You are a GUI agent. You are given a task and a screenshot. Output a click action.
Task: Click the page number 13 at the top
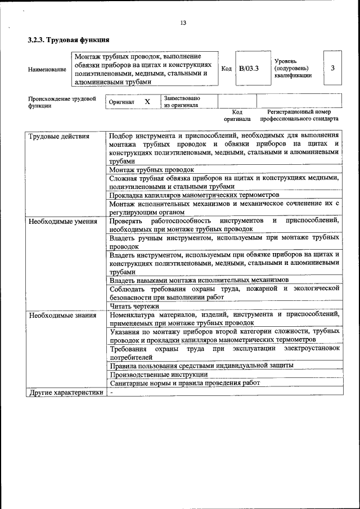click(183, 23)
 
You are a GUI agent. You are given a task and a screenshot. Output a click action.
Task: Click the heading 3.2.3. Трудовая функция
click(68, 40)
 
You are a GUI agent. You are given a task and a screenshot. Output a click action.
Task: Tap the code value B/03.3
click(248, 69)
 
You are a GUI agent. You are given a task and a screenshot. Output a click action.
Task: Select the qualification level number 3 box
click(332, 68)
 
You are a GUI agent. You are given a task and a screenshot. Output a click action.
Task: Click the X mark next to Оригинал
click(147, 102)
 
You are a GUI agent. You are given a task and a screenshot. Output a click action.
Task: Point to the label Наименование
click(47, 69)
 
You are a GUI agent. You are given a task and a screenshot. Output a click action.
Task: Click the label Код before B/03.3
click(226, 69)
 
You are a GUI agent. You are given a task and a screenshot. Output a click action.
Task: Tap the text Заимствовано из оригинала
click(182, 101)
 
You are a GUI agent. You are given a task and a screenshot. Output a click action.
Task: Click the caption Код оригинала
click(237, 115)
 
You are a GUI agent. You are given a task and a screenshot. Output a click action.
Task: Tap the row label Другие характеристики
click(66, 392)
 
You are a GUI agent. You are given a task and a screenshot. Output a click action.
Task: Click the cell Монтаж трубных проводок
click(151, 169)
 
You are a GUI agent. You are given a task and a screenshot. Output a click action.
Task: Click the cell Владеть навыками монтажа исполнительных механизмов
click(199, 280)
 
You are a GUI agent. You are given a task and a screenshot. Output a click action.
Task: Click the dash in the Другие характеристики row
click(111, 392)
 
